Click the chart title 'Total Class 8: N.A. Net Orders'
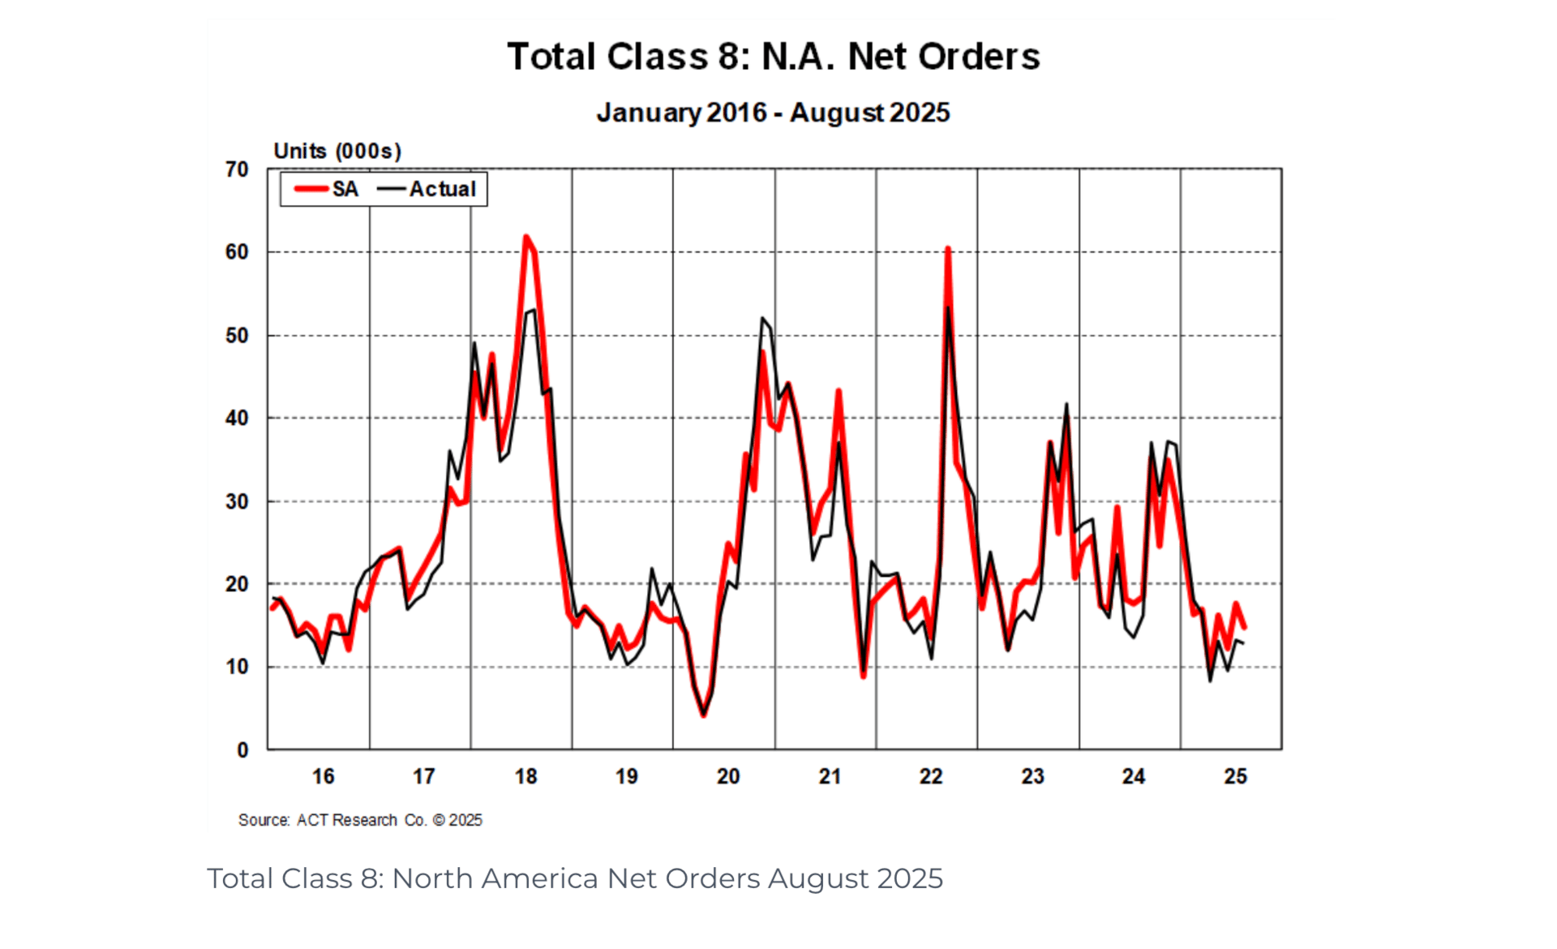tap(773, 57)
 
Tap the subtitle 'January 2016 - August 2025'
tap(773, 112)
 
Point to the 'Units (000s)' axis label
tap(337, 151)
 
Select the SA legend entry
tap(328, 189)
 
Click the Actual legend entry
tap(427, 189)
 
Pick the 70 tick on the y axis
tap(237, 170)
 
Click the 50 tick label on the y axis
tap(237, 335)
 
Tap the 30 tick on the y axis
tap(237, 501)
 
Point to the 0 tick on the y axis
tap(242, 750)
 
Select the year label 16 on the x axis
tap(323, 776)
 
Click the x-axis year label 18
tap(525, 776)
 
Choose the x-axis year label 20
tap(728, 776)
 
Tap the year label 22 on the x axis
tap(931, 776)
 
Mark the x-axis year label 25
tap(1235, 776)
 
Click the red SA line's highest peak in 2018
tap(525, 237)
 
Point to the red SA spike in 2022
tap(947, 249)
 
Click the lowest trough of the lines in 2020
tap(703, 715)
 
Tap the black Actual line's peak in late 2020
tap(762, 318)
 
